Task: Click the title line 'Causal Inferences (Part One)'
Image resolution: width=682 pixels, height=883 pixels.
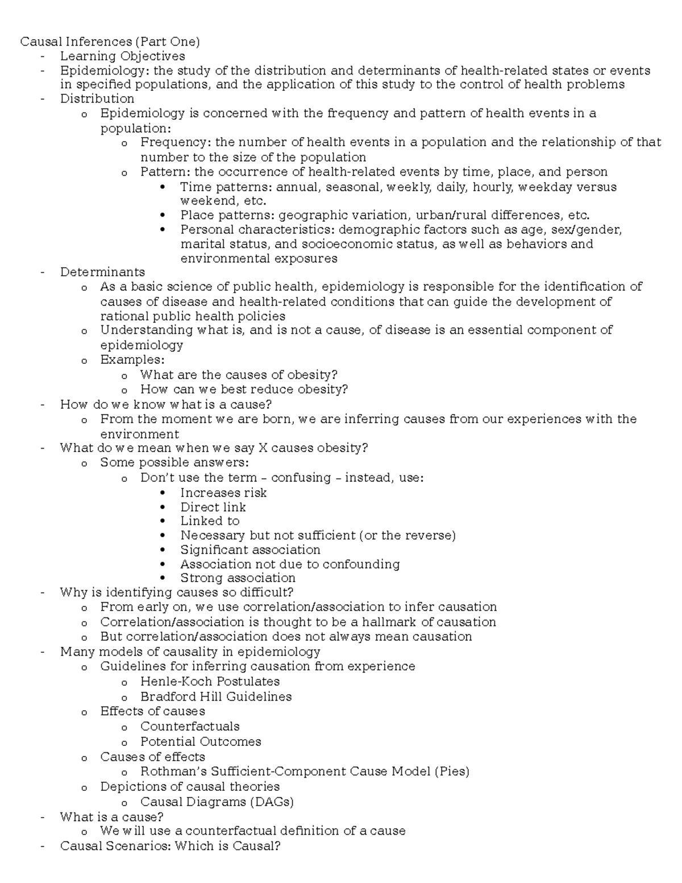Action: (110, 42)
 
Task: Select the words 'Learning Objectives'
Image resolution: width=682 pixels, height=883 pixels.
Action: (122, 56)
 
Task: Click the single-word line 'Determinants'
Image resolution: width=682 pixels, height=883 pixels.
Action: (102, 272)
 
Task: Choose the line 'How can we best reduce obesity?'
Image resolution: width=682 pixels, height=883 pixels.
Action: (244, 389)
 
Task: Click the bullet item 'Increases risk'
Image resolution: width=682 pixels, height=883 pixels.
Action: (223, 492)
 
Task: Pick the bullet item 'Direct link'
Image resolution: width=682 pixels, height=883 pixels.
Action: (213, 507)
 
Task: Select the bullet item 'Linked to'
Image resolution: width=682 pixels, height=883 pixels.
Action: (210, 521)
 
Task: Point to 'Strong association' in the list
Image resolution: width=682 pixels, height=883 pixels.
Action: (238, 578)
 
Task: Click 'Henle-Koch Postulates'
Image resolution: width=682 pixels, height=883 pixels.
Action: (210, 681)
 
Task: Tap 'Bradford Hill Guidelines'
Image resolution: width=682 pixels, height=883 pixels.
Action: (216, 697)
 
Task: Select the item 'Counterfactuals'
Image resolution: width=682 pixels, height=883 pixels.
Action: (190, 726)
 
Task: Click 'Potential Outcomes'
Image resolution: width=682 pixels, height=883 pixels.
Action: (201, 741)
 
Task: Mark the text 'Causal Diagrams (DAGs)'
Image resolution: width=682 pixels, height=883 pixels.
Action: (217, 802)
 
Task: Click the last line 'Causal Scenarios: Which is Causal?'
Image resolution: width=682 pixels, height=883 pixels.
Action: (170, 845)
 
